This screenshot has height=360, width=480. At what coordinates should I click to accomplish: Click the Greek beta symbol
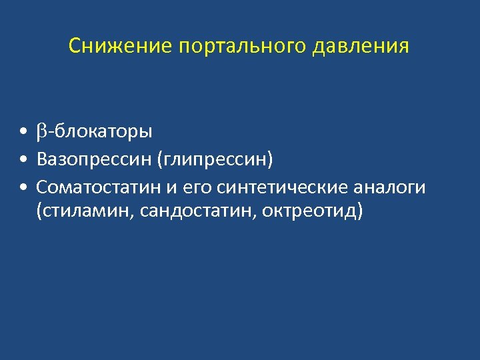point(42,131)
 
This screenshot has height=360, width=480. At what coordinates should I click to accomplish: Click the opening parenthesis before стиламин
point(41,212)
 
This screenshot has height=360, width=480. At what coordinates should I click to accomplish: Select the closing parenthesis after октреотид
point(361,212)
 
